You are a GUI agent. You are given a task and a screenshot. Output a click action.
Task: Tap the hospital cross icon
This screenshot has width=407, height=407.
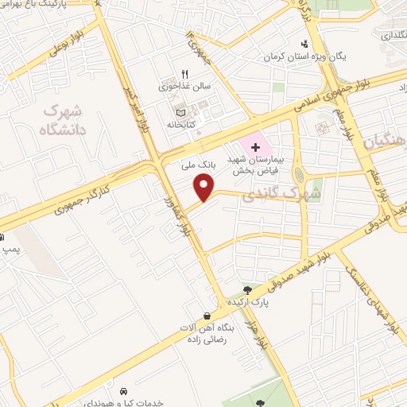(x=254, y=147)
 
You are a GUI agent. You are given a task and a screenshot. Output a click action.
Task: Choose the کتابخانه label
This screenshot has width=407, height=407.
(x=182, y=124)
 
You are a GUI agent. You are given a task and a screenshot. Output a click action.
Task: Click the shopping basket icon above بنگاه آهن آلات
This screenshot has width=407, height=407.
(x=207, y=316)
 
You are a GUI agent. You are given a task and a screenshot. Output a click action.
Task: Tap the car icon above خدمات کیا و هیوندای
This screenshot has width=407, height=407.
(x=124, y=391)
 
